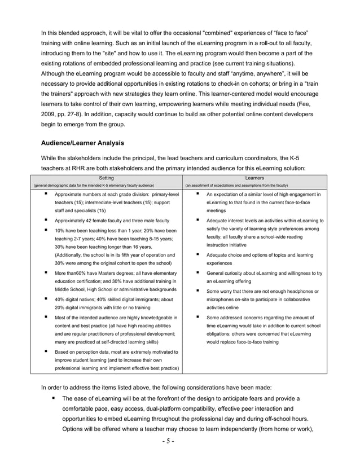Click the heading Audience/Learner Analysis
pyautogui.click(x=83, y=143)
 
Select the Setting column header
pyautogui.click(x=106, y=178)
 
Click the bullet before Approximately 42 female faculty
pyautogui.click(x=46, y=220)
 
